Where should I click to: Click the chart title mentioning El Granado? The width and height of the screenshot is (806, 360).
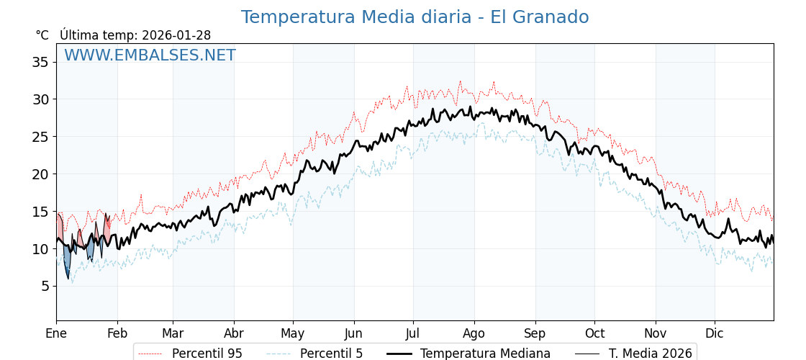415,17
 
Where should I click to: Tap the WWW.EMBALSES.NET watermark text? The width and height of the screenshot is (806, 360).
150,55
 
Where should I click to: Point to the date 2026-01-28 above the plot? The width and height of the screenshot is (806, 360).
176,35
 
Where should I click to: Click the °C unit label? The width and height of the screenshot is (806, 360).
42,35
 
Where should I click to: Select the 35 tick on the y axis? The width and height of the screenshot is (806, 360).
40,62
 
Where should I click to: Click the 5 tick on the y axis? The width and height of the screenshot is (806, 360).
45,286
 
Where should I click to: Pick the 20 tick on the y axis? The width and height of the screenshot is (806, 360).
40,174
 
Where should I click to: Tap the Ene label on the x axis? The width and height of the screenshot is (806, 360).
56,333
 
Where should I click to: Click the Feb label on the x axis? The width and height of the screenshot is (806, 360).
117,333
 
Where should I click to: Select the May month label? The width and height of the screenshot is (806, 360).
293,333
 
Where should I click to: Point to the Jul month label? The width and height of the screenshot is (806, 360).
413,333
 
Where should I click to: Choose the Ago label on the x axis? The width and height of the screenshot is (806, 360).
474,333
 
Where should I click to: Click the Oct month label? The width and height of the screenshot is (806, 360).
594,333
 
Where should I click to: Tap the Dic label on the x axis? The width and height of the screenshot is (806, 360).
715,333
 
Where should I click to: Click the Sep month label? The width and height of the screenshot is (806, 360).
535,333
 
